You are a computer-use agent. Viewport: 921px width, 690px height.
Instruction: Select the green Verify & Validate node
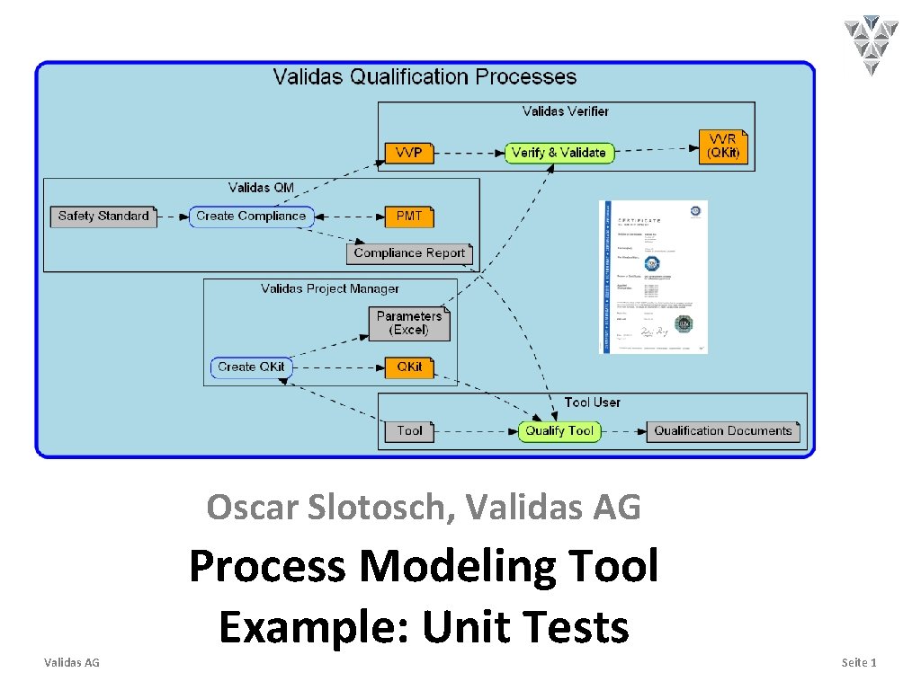pyautogui.click(x=559, y=153)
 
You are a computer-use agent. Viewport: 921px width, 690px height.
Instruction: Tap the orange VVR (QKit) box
pyautogui.click(x=723, y=146)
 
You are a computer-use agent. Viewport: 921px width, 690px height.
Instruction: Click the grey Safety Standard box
pyautogui.click(x=103, y=216)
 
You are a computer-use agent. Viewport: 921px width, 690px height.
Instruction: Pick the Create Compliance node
pyautogui.click(x=250, y=216)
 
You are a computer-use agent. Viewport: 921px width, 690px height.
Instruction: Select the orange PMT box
pyautogui.click(x=409, y=216)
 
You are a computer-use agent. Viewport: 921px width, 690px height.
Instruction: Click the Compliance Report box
pyautogui.click(x=409, y=253)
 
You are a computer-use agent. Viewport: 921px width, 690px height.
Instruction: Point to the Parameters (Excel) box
pyautogui.click(x=409, y=323)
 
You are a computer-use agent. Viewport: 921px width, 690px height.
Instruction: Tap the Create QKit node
pyautogui.click(x=251, y=367)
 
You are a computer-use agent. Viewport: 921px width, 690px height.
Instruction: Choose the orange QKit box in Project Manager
pyautogui.click(x=409, y=367)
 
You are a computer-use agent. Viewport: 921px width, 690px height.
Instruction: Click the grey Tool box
pyautogui.click(x=409, y=431)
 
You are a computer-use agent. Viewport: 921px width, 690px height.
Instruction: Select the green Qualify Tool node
pyautogui.click(x=559, y=431)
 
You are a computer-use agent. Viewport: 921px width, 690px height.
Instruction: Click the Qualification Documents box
pyautogui.click(x=722, y=431)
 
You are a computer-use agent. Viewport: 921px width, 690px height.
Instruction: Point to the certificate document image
pyautogui.click(x=653, y=277)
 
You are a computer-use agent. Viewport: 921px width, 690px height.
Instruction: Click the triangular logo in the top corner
pyautogui.click(x=871, y=44)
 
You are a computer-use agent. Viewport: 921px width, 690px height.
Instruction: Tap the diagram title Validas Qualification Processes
pyautogui.click(x=425, y=76)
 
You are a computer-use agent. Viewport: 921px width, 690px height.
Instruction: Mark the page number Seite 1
pyautogui.click(x=858, y=663)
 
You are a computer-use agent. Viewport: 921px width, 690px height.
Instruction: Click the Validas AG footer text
pyautogui.click(x=72, y=663)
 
